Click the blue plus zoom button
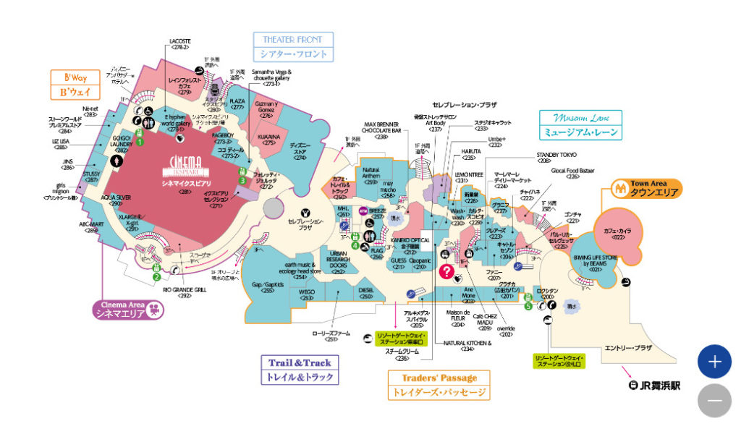tap(714, 362)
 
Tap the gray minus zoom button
tap(714, 400)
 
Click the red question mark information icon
tap(447, 271)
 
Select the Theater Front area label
tap(293, 46)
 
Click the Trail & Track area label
tap(300, 369)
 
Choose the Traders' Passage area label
tap(439, 386)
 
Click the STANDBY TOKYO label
tap(556, 154)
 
